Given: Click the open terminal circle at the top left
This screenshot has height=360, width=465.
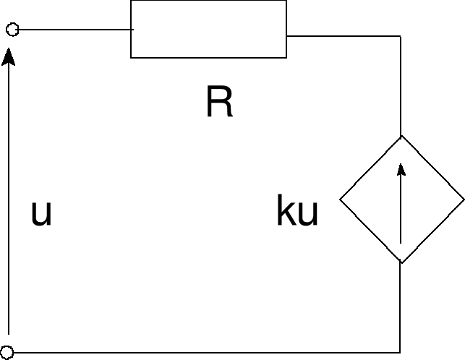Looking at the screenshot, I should pos(12,30).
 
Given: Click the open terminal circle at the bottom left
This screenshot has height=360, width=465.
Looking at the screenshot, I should pos(9,353).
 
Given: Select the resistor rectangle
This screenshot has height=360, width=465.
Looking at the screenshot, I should pos(208,29).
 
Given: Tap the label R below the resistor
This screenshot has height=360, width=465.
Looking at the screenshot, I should pos(219,104).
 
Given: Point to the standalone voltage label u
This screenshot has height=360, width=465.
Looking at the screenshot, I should pos(41,214).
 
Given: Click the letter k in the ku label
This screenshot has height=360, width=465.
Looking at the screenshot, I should pos(285,213).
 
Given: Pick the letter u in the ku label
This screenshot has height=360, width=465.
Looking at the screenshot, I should pos(307,215).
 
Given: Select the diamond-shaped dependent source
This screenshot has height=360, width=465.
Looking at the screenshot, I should pos(401,199).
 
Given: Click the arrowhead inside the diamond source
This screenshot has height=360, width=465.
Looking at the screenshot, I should pos(401,170).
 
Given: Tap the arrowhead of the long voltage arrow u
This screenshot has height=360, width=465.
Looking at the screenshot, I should pos(9,56).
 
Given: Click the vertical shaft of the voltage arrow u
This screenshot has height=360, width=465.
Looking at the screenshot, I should pos(9,202).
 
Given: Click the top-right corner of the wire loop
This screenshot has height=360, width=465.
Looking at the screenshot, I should pos(401,35).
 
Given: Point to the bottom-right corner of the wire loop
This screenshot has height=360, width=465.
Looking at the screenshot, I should pos(401,353).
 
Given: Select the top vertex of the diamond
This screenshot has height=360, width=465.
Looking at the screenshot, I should pos(401,135).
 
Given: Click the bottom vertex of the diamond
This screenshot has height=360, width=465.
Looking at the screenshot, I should pos(401,262).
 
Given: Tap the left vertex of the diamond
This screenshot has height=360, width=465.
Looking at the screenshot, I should pos(341,199).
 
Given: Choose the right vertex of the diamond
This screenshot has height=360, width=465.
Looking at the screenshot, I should pos(463,199).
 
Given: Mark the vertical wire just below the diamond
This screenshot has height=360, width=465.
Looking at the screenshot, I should pos(401,307).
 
